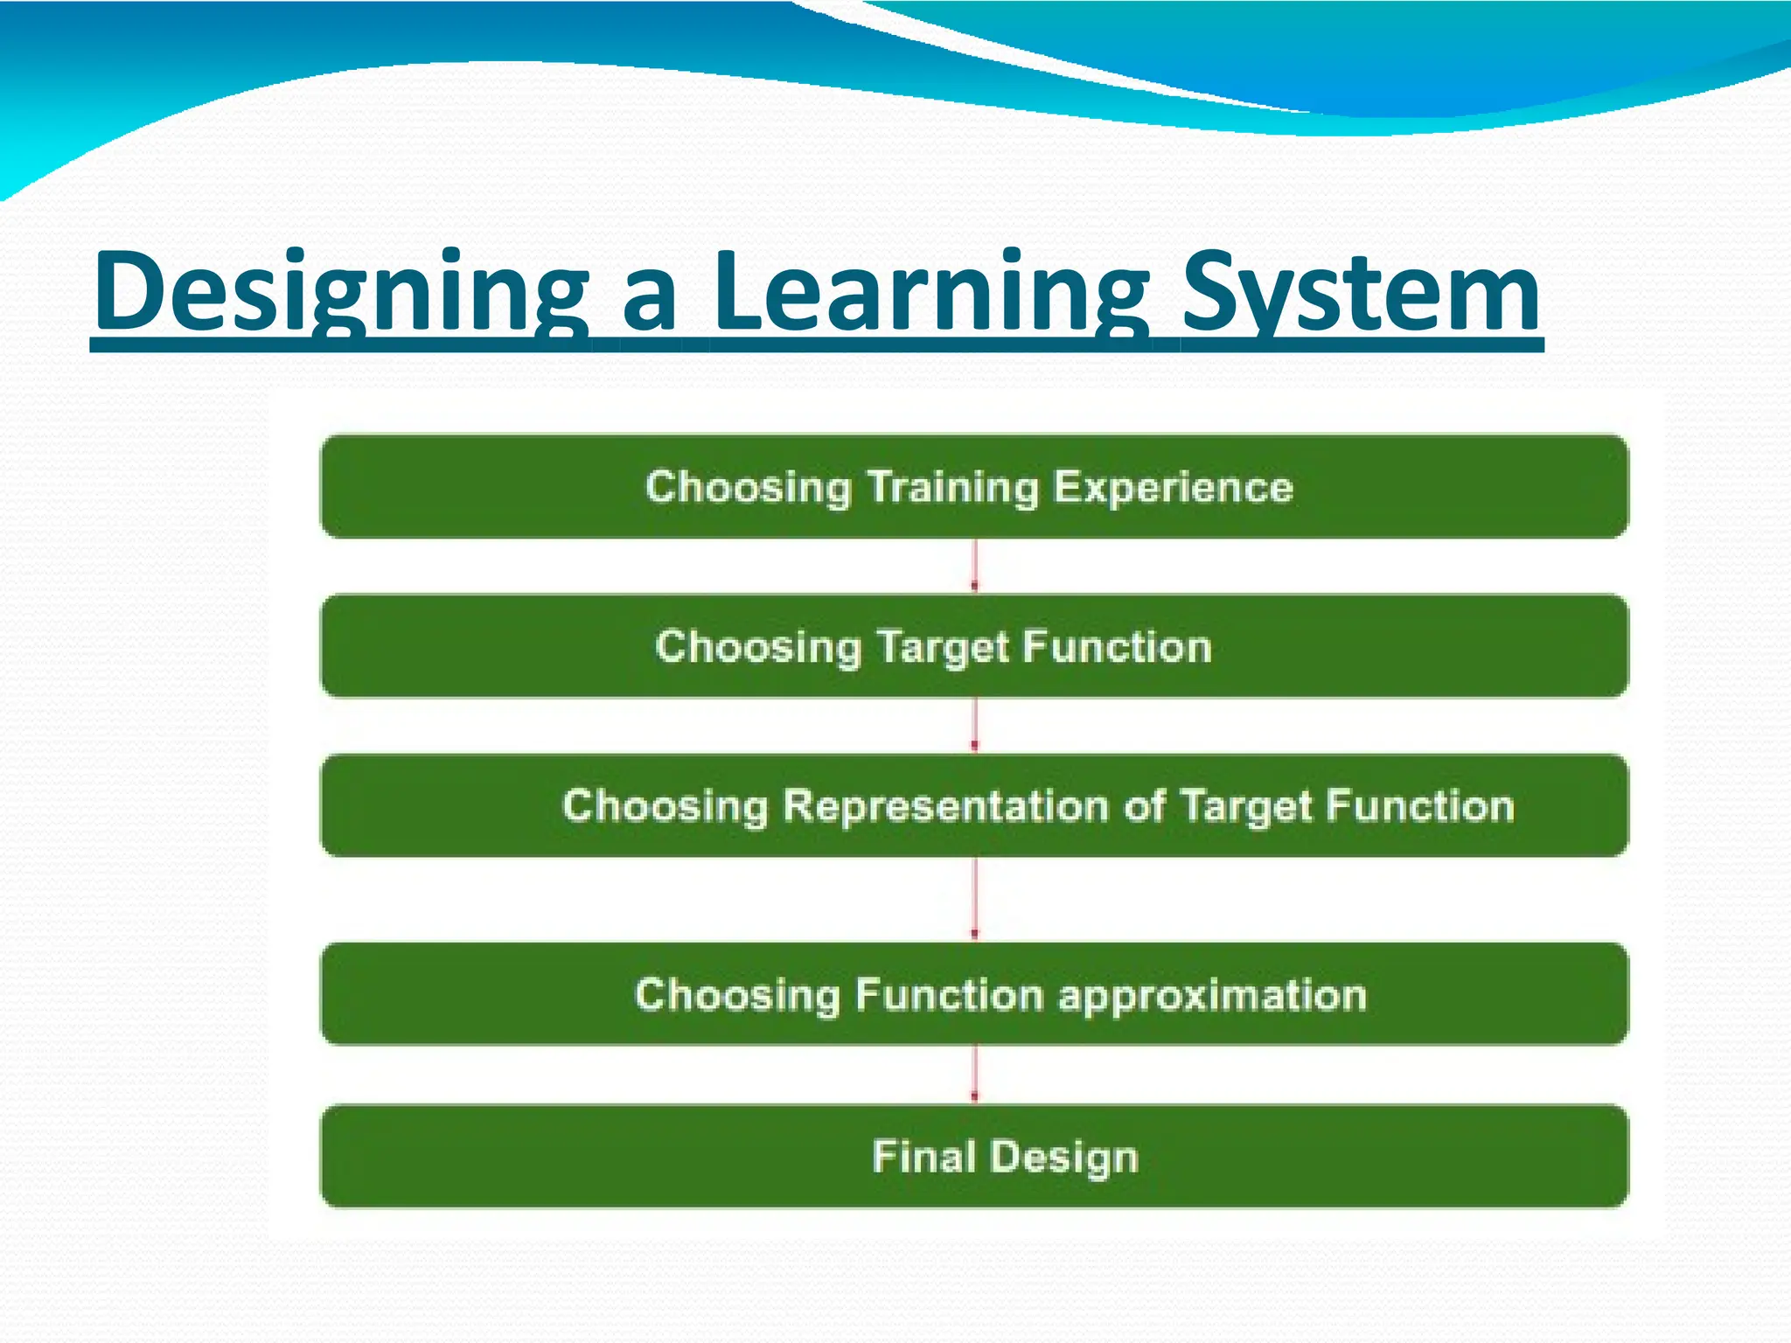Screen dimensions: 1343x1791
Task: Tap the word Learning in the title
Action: coord(931,293)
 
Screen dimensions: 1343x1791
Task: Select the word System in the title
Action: coord(1360,293)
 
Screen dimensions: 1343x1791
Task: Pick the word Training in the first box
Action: coord(952,487)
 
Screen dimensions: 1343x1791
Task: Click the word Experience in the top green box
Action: coord(1173,487)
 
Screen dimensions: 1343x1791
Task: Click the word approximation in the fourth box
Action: coord(1212,996)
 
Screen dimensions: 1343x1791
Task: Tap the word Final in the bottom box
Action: coord(923,1157)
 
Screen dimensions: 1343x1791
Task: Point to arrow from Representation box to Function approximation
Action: coord(975,899)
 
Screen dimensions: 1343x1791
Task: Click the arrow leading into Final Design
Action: coord(975,1075)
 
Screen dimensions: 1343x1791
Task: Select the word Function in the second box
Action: coord(1117,648)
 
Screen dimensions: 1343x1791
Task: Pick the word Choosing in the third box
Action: coord(665,807)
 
